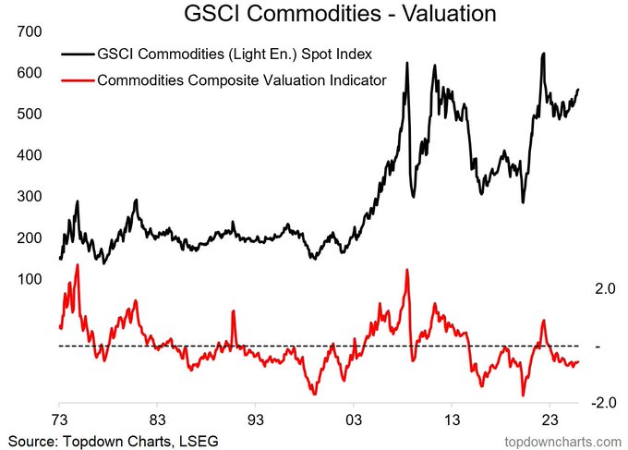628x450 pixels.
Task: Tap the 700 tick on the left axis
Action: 30,31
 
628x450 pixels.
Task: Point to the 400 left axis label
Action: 30,155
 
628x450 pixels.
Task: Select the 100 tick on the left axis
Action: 30,279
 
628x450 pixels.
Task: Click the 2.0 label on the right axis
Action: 580,289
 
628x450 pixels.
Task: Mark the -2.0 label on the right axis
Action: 578,403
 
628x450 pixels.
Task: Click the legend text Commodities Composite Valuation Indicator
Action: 242,80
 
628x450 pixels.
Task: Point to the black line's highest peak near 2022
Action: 543,55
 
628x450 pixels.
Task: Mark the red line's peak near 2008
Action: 407,270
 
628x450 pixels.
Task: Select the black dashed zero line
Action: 277,346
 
